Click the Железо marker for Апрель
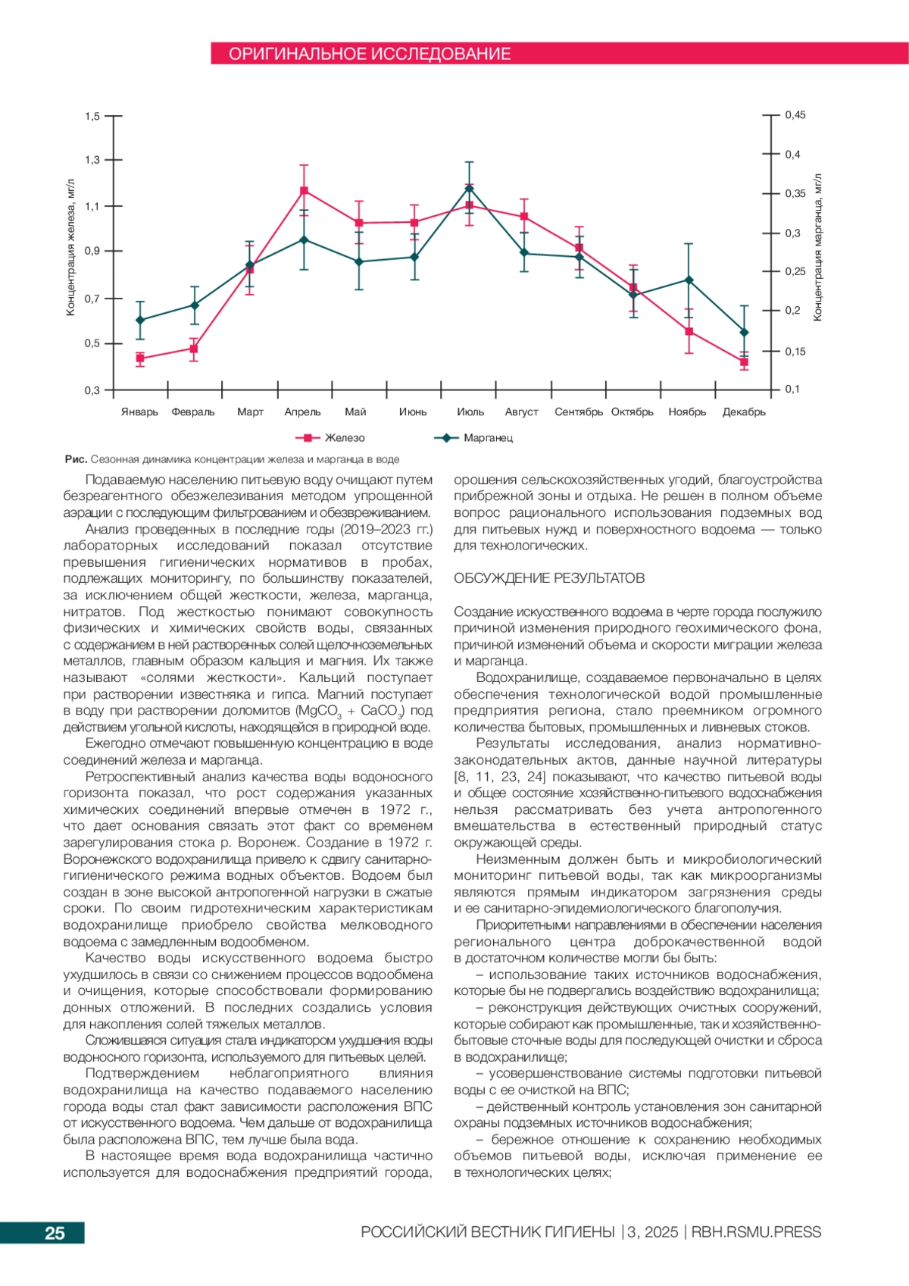tap(304, 190)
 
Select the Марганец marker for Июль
tap(470, 188)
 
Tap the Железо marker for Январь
tap(140, 358)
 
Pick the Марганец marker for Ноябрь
tap(689, 280)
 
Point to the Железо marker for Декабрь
tap(744, 362)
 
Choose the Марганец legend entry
tap(474, 438)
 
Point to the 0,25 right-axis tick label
tap(795, 271)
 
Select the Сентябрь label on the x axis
tap(579, 412)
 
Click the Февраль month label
tap(193, 412)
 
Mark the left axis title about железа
tap(70, 248)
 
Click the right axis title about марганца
tap(817, 248)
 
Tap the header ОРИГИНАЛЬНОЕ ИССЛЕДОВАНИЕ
tap(370, 54)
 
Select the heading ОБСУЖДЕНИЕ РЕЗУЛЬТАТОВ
tap(549, 578)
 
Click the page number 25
tap(55, 1233)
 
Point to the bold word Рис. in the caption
tap(76, 459)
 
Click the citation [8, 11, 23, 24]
tap(499, 777)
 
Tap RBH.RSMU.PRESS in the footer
tap(756, 1232)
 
